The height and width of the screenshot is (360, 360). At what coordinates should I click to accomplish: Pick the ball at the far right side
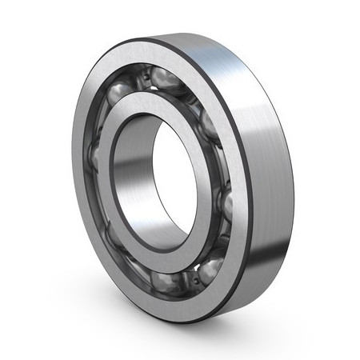click(x=226, y=205)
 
